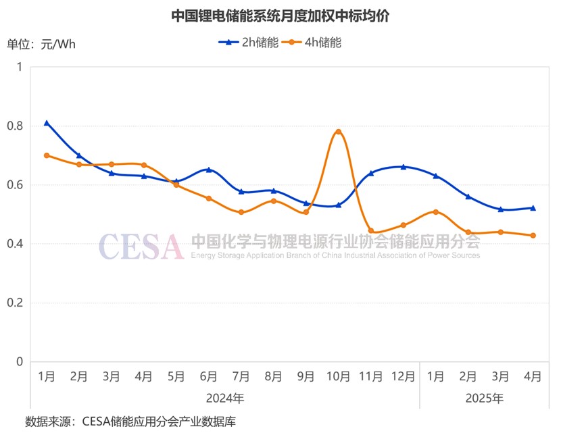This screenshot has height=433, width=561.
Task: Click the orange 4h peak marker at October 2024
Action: coord(338,132)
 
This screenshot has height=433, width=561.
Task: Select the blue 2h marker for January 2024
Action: coord(47,123)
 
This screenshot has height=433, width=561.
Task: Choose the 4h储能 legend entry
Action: coord(314,42)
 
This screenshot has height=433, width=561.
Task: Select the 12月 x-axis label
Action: coord(403,377)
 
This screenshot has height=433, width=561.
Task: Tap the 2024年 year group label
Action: coord(225,398)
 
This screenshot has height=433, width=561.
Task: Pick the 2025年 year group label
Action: coord(484,398)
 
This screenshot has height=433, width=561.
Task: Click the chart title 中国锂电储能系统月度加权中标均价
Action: coord(280,15)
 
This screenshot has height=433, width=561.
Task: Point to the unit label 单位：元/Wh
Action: coord(41,45)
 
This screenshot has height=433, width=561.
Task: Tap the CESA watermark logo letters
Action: coord(141,247)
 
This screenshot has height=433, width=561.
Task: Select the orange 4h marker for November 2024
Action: coord(370,230)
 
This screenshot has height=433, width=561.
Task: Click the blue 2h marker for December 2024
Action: coord(403,167)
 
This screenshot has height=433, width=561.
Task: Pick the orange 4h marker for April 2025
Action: coord(533,235)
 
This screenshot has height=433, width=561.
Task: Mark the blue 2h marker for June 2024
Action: coord(209,170)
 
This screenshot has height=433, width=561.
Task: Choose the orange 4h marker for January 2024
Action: coord(47,155)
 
